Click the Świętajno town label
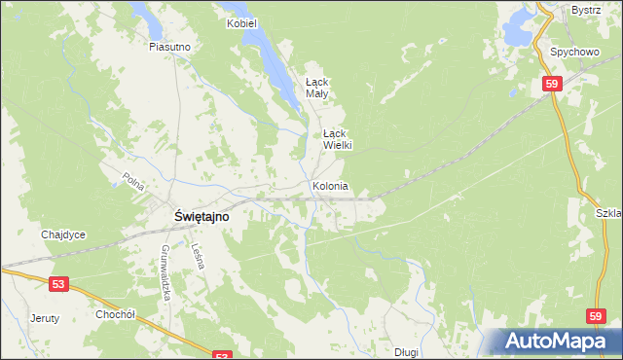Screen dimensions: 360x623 coord(202,218)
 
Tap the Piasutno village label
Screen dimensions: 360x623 coord(168,46)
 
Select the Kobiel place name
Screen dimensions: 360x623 coord(239,22)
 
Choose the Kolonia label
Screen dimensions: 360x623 coord(331,186)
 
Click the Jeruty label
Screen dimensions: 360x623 coord(45,318)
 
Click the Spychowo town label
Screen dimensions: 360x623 coord(572,51)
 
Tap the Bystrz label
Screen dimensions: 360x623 coord(585,9)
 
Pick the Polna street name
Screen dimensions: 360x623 coord(133,180)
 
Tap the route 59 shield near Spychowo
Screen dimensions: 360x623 coord(552,86)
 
